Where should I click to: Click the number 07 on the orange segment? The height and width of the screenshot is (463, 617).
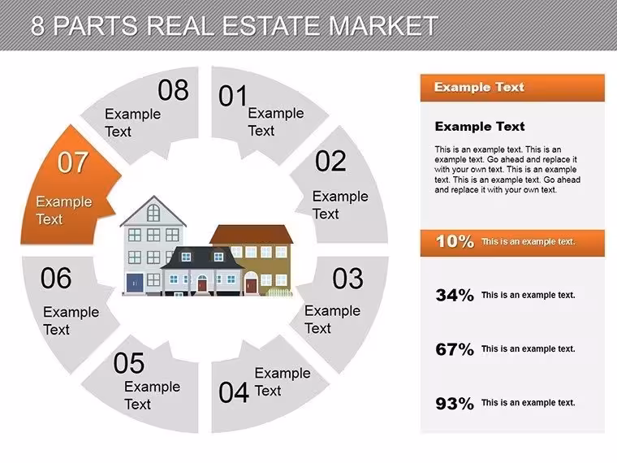(72, 162)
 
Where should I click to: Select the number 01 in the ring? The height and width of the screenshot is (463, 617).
(233, 96)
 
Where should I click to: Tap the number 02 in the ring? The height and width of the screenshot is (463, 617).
(330, 161)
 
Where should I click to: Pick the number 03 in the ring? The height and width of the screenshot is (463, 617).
(347, 279)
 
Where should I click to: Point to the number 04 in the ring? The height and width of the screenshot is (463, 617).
(234, 392)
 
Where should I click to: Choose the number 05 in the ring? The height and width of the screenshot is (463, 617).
(128, 363)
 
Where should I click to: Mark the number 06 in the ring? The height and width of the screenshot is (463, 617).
(56, 278)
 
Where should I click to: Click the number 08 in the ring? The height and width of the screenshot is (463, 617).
(173, 90)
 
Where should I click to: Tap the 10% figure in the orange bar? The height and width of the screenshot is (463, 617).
(455, 241)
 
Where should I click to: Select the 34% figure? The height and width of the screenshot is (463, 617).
(455, 295)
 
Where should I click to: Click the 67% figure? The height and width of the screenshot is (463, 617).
(455, 348)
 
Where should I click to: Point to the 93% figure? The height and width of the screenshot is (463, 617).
(455, 403)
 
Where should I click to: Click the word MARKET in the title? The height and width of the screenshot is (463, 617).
(383, 26)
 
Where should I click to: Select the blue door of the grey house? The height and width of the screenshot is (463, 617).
(135, 283)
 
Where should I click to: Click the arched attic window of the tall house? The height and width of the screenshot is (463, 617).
(153, 213)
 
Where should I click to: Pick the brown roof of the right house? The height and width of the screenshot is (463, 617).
(252, 235)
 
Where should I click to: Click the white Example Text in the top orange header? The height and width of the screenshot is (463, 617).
(479, 87)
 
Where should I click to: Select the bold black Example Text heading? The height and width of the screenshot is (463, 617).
(480, 127)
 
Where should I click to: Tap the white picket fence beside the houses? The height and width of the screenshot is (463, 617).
(280, 292)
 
